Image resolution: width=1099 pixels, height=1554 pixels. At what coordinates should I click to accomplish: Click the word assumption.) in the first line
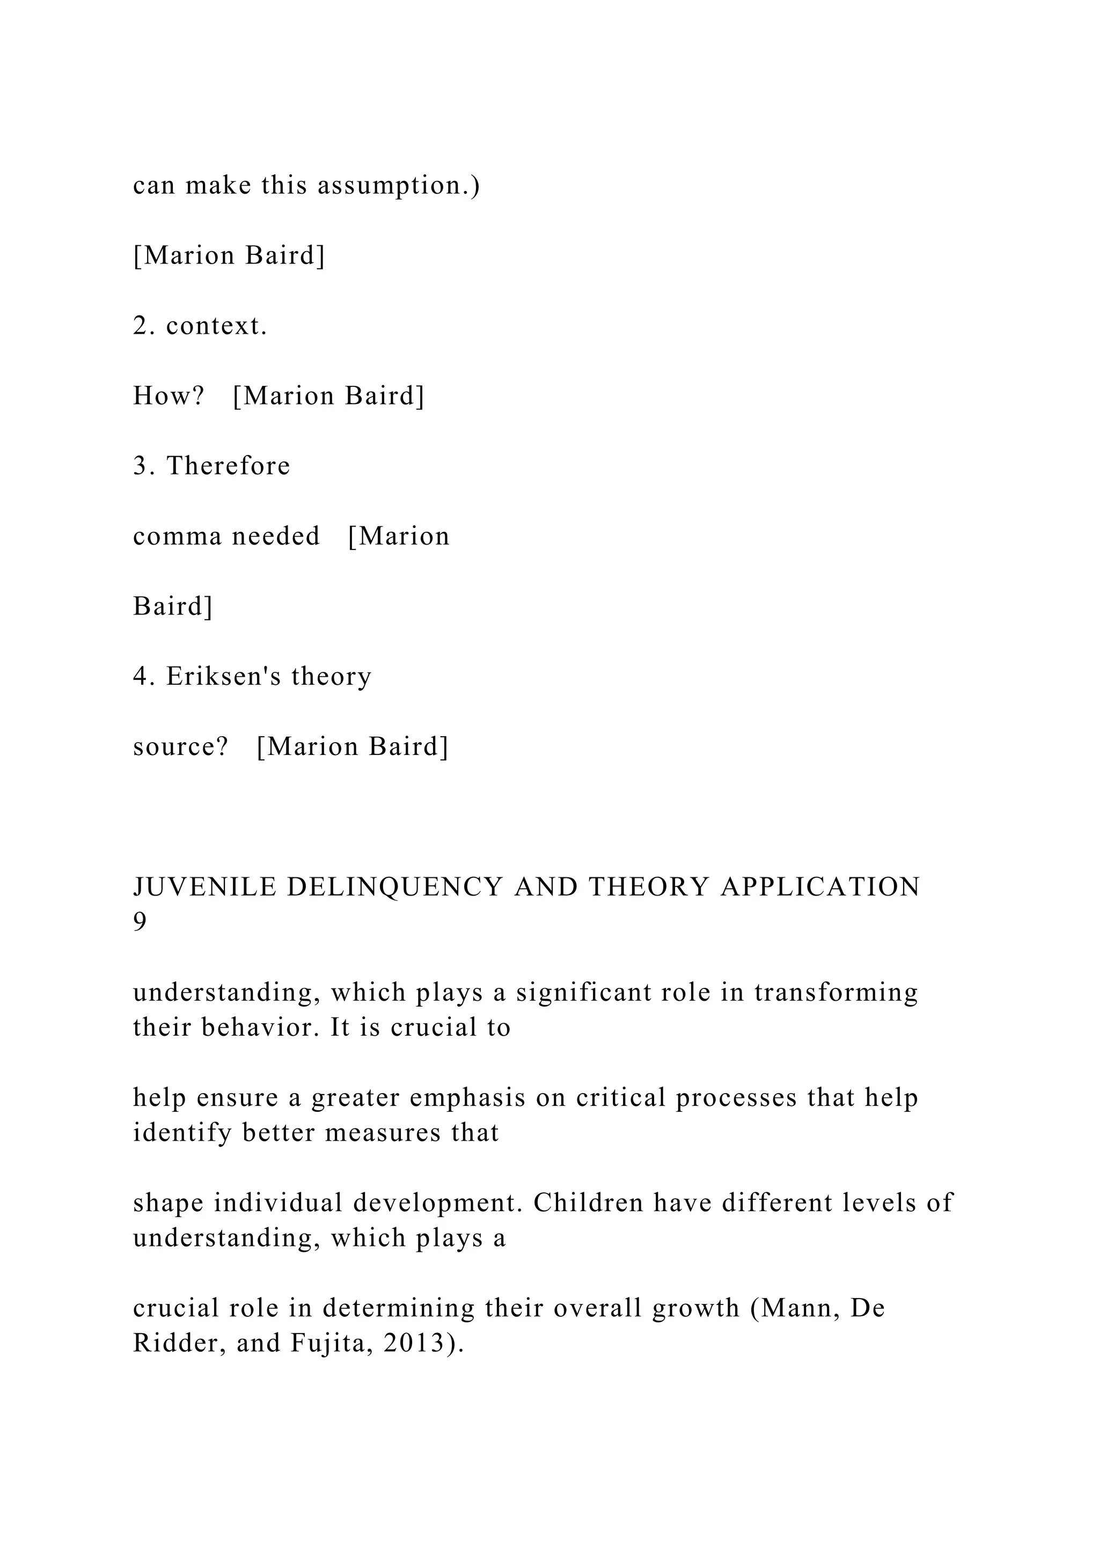pos(399,186)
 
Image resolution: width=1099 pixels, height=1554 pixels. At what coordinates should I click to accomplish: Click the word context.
pos(217,326)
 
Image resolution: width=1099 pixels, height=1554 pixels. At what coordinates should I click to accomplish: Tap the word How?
pos(168,396)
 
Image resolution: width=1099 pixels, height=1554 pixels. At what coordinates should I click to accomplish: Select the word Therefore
pos(228,466)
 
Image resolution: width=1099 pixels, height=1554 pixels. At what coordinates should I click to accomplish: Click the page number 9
pos(140,922)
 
